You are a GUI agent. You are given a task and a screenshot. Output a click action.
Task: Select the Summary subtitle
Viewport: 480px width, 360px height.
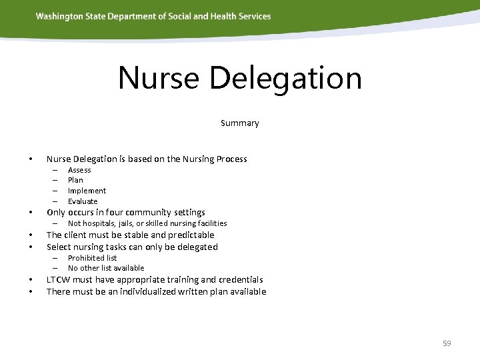239,123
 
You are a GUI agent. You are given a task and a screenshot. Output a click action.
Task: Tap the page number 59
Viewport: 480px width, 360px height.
447,343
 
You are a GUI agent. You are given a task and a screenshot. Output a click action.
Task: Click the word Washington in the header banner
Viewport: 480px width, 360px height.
59,16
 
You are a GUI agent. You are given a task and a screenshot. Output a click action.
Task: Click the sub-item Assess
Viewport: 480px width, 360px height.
79,170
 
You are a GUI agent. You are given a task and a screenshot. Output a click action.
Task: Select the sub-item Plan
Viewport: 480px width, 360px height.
75,180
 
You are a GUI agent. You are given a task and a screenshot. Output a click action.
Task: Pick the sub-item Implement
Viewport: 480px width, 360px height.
87,191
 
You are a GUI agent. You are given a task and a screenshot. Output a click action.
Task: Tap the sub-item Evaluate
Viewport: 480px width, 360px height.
83,201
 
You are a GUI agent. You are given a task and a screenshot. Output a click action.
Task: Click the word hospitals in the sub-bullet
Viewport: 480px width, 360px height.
99,223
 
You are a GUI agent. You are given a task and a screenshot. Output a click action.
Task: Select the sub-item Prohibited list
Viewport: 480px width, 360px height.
92,258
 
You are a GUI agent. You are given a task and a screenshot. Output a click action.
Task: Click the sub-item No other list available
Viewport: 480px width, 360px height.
105,268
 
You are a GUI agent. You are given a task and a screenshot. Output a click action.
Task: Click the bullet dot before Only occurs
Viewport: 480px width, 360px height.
31,213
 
